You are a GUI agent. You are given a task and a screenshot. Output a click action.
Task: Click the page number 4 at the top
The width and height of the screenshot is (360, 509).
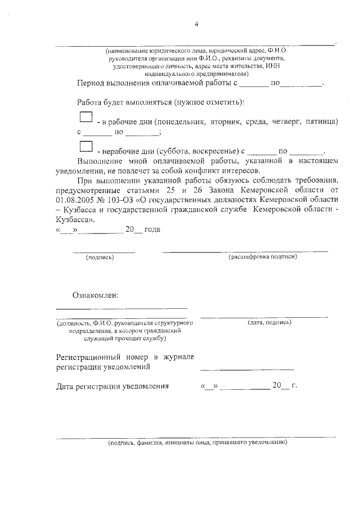pos(196,24)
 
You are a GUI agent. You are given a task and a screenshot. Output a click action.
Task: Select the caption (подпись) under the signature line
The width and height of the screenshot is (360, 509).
pos(100,258)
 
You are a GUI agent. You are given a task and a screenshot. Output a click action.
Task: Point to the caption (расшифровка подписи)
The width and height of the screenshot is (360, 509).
pos(263,257)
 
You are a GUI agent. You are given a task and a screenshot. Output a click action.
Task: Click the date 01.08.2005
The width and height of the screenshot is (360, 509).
pos(78,200)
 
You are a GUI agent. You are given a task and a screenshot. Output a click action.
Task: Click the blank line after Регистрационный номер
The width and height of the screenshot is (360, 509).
pos(247,368)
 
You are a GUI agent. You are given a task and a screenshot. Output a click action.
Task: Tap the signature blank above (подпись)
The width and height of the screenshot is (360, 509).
pos(104,251)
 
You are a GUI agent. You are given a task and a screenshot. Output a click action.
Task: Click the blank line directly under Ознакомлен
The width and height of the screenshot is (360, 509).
pos(121,308)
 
